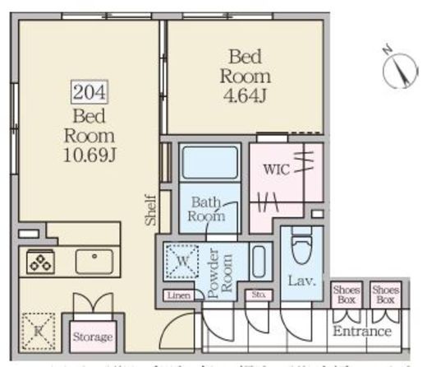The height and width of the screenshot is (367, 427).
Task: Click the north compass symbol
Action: point(400,68)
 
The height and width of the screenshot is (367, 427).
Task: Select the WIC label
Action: point(277,170)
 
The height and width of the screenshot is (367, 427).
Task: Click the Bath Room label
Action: point(208,209)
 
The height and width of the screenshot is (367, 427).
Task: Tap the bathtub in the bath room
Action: point(209,163)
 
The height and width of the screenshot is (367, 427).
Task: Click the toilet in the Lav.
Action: point(301,243)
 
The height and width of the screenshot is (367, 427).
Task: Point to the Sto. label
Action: point(259,294)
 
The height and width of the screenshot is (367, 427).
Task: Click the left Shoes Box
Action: point(346,295)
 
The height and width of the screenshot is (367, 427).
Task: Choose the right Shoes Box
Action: point(384,295)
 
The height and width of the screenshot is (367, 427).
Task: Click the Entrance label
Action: point(361,332)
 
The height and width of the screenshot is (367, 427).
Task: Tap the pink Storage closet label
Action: point(92,337)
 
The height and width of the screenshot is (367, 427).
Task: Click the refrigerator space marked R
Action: point(37,331)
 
